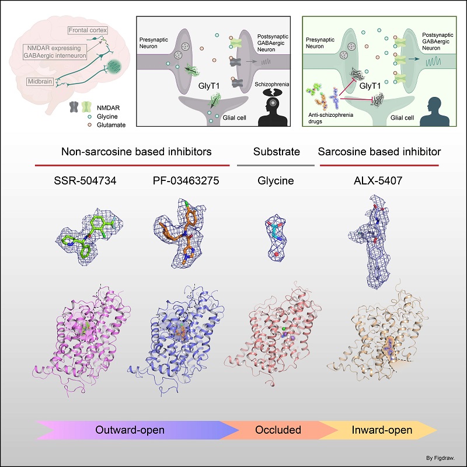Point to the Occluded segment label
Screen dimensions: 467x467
278,431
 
